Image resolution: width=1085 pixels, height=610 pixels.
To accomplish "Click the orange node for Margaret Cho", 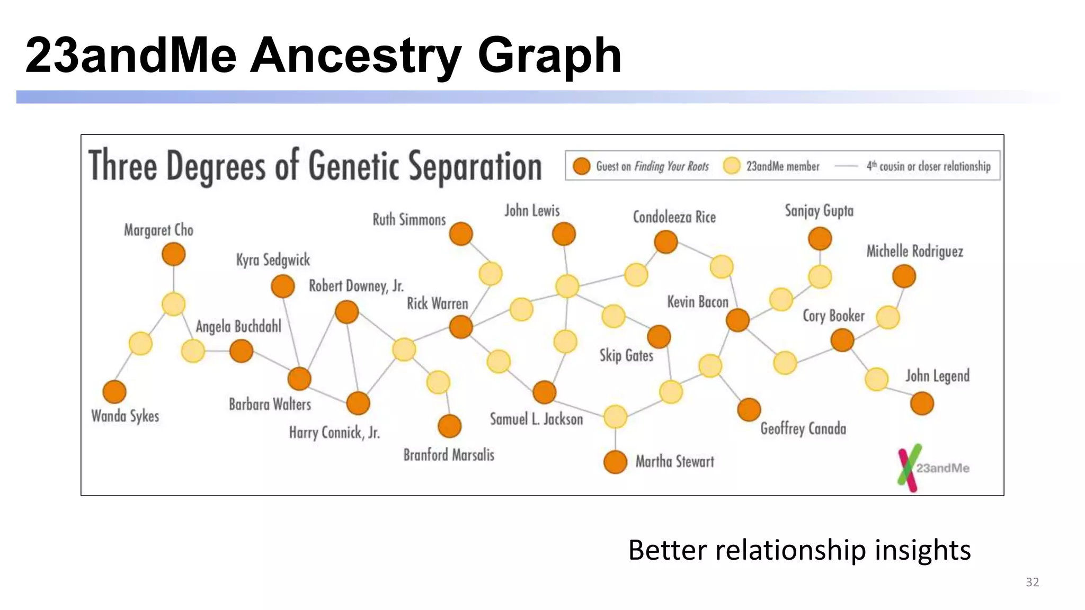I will pyautogui.click(x=173, y=254).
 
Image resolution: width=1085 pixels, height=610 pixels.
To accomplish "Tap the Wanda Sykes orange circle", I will pyautogui.click(x=114, y=392).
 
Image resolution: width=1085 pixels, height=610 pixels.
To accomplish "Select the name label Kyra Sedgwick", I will pyautogui.click(x=273, y=260).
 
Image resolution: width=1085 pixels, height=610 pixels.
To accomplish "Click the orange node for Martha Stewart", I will pyautogui.click(x=615, y=462).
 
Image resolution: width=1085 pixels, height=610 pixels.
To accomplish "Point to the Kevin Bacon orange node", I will pyautogui.click(x=737, y=320).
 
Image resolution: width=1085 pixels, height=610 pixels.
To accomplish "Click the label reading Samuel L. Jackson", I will pyautogui.click(x=536, y=419).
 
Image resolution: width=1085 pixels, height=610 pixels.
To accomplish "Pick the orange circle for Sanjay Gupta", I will pyautogui.click(x=820, y=239).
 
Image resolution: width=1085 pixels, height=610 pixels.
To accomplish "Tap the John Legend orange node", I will pyautogui.click(x=922, y=403).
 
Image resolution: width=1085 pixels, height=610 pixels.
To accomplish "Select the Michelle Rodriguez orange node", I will pyautogui.click(x=904, y=276).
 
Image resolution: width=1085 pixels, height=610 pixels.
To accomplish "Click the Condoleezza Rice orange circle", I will pyautogui.click(x=666, y=242).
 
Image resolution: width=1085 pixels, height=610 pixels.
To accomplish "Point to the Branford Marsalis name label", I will pyautogui.click(x=449, y=455).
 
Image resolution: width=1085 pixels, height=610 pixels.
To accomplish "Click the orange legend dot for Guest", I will pyautogui.click(x=582, y=166).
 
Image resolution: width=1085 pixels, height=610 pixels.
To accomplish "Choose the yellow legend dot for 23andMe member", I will pyautogui.click(x=732, y=166).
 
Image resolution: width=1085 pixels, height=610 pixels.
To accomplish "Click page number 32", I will pyautogui.click(x=1032, y=582).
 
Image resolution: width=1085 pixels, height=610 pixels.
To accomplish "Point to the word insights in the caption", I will pyautogui.click(x=922, y=550).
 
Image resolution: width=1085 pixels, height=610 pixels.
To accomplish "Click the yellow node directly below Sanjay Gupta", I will pyautogui.click(x=820, y=276).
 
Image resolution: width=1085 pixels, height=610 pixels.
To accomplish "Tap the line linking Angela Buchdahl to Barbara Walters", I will pyautogui.click(x=271, y=365).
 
